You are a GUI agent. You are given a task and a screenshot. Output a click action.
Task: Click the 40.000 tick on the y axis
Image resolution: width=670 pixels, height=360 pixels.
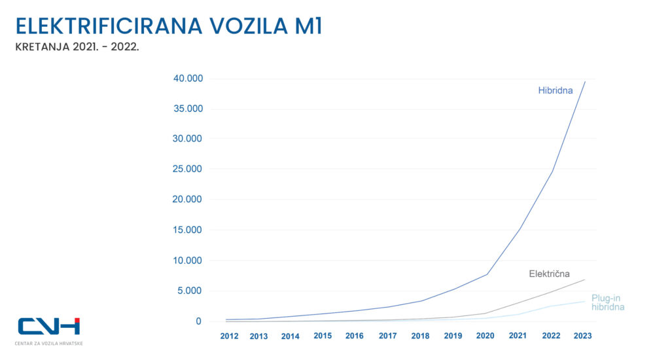[x=188, y=79]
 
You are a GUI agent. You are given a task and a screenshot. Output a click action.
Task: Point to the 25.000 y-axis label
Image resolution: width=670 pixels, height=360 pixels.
[x=188, y=170]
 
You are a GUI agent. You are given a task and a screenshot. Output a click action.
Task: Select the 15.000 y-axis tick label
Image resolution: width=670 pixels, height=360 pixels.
[x=188, y=230]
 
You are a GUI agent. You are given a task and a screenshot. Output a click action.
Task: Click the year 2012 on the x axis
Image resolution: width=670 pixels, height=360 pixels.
[x=229, y=336]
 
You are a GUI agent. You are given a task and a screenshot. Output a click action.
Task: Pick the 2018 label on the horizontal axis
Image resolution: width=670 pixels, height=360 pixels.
[x=421, y=336]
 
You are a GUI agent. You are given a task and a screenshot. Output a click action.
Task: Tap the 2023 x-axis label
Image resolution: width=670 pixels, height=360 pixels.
[x=583, y=336]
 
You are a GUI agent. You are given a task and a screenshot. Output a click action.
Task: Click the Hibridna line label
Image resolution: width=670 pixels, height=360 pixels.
[x=555, y=91]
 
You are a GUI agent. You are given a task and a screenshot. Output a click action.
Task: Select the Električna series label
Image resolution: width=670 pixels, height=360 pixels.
[x=549, y=274]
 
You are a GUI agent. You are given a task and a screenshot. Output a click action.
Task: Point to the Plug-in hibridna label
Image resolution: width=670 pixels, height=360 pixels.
[x=607, y=302]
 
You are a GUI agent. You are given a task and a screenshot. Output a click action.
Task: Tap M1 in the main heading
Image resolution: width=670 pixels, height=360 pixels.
[x=304, y=26]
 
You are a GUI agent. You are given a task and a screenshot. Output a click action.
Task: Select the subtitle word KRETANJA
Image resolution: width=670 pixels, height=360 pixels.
[x=40, y=48]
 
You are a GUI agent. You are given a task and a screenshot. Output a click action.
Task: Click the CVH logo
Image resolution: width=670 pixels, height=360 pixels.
[x=49, y=327]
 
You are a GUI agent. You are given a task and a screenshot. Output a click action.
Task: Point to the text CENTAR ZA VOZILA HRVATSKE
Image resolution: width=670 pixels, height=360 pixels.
[x=49, y=343]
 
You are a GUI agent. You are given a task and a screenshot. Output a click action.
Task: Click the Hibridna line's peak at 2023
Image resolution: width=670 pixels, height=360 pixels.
[x=585, y=81]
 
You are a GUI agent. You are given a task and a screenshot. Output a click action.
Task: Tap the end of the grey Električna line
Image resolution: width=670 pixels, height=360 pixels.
[x=585, y=279]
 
